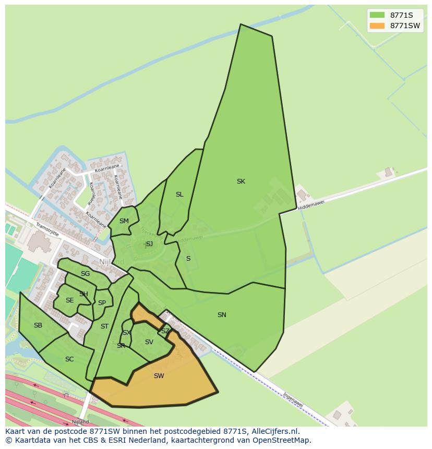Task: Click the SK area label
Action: click(241, 181)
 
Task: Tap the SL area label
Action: click(179, 195)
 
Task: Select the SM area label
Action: click(124, 221)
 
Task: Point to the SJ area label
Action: click(149, 244)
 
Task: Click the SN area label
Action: click(222, 315)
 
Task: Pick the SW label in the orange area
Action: click(159, 376)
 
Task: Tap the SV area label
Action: click(149, 342)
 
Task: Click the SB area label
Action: click(38, 325)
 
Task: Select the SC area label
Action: click(69, 359)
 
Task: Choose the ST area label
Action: click(104, 326)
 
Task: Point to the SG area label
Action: click(85, 274)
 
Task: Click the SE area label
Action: click(69, 300)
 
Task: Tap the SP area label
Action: click(102, 303)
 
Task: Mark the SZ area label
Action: click(165, 331)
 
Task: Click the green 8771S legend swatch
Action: click(377, 15)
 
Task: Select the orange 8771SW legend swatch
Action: click(377, 26)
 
